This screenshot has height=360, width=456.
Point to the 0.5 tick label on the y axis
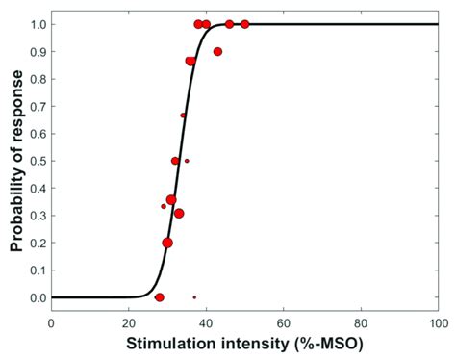pyautogui.click(x=36, y=161)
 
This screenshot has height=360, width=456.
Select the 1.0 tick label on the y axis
pyautogui.click(x=36, y=24)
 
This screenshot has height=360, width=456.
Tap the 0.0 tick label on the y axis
pyautogui.click(x=36, y=297)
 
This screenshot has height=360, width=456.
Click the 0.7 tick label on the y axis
pyautogui.click(x=36, y=106)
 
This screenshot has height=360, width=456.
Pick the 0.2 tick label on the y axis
pyautogui.click(x=36, y=243)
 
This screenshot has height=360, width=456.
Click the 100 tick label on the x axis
pyautogui.click(x=438, y=322)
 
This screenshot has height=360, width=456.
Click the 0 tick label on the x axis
pyautogui.click(x=51, y=322)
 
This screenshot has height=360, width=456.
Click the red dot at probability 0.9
pyautogui.click(x=217, y=51)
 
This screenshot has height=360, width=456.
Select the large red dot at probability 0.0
pyautogui.click(x=160, y=297)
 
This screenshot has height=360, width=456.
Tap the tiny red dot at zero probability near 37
pyautogui.click(x=194, y=297)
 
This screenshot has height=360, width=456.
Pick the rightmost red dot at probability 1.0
pyautogui.click(x=244, y=24)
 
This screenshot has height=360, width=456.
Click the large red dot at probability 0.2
pyautogui.click(x=167, y=243)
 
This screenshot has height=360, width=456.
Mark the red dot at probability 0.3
pyautogui.click(x=179, y=214)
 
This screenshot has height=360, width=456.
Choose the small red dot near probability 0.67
pyautogui.click(x=183, y=116)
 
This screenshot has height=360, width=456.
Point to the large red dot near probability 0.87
pyautogui.click(x=190, y=61)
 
